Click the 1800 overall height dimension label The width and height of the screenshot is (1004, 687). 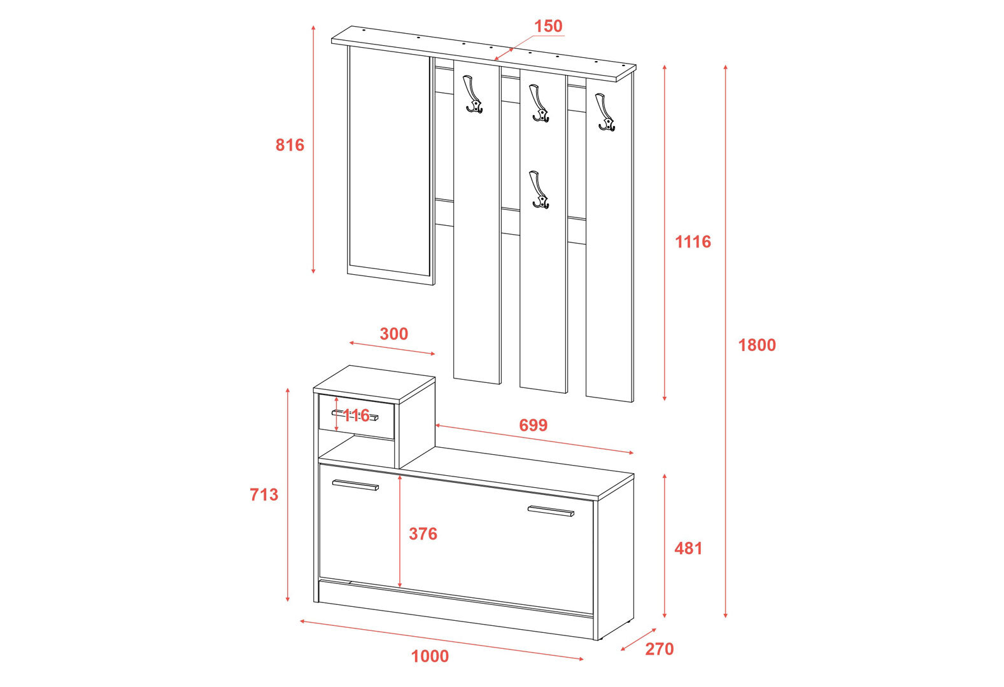[x=756, y=345]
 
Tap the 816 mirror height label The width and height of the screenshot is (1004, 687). [x=290, y=145]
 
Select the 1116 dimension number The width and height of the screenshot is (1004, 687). [x=693, y=242]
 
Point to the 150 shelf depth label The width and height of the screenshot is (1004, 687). [x=548, y=26]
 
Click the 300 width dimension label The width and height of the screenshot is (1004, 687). [x=394, y=334]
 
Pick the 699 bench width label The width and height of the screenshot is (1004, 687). [x=534, y=425]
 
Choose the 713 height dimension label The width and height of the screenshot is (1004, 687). [x=264, y=494]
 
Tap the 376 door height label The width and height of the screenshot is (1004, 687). [x=423, y=534]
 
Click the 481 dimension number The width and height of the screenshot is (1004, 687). [x=688, y=548]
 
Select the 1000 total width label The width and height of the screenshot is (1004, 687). [x=430, y=656]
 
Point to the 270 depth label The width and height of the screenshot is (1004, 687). [x=660, y=649]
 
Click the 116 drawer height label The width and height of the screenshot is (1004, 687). [x=357, y=415]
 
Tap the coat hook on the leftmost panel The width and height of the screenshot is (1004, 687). [x=472, y=94]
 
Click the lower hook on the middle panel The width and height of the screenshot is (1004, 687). [x=539, y=190]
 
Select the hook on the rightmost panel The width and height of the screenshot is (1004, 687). [x=605, y=113]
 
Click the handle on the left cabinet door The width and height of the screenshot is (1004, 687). [x=355, y=485]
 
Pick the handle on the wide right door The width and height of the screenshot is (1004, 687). [x=551, y=511]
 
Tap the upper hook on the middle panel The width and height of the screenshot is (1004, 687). [x=539, y=103]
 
